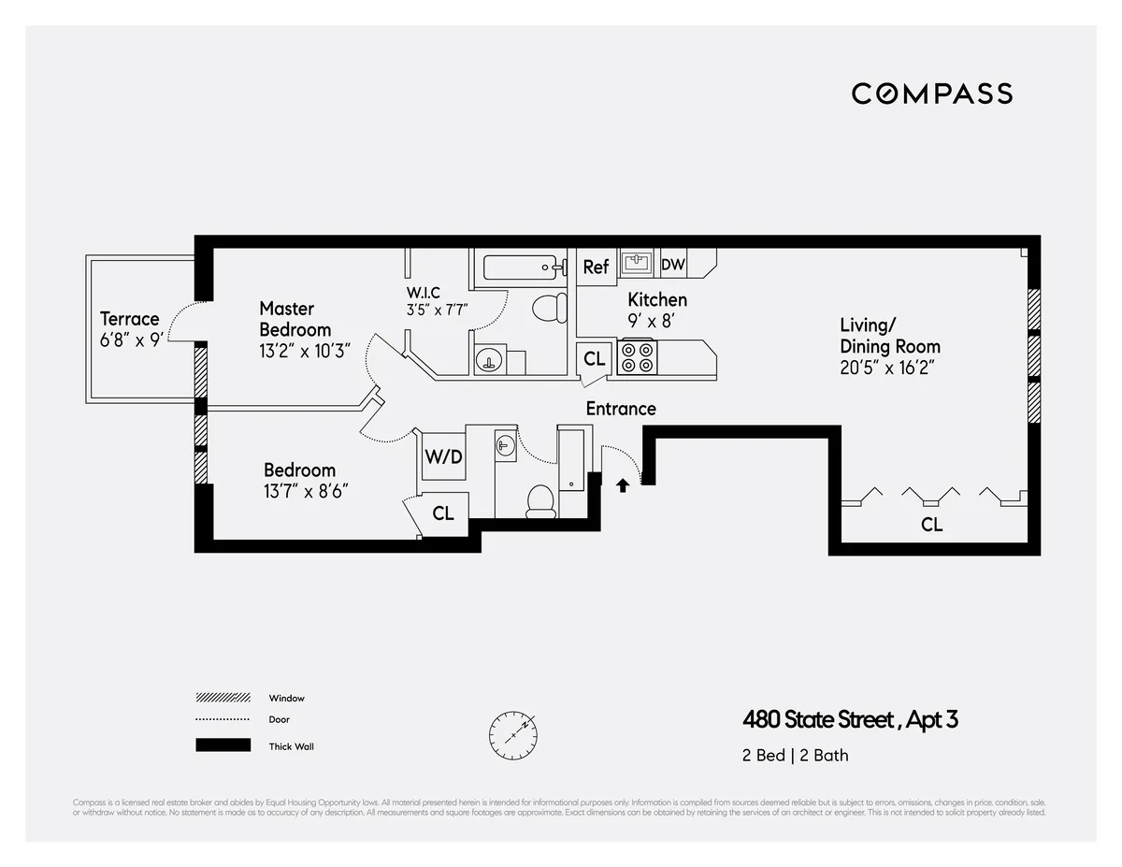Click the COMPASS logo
pos(931,94)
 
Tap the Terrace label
pos(130,319)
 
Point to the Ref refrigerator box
pos(596,267)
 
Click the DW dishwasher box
pos(673,265)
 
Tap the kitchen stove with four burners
pos(637,357)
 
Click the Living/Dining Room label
pos(890,336)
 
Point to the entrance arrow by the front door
pos(623,484)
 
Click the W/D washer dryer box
pos(443,457)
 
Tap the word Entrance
pos(621,409)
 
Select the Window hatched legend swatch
pos(223,698)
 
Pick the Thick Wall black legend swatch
pos(223,745)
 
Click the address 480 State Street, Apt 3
pos(850,720)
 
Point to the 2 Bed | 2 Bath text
pos(796,755)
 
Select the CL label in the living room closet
pos(931,525)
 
